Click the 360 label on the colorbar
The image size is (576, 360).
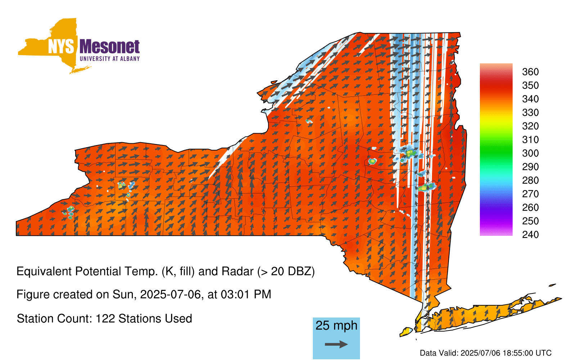pos(530,72)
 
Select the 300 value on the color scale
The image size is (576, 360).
pos(530,153)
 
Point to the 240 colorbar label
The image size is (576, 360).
pos(530,234)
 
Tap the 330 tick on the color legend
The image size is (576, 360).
pos(530,112)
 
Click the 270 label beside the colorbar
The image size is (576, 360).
pos(530,194)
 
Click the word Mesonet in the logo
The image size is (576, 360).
pos(109,47)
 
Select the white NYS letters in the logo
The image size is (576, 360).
pos(61,47)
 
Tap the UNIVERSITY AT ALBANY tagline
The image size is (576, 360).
pos(110,59)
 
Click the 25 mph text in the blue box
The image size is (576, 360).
pos(336,325)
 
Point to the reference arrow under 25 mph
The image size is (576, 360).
pos(336,344)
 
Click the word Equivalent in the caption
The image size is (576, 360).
pos(44,271)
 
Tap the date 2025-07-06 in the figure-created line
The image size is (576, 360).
pos(170,294)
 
